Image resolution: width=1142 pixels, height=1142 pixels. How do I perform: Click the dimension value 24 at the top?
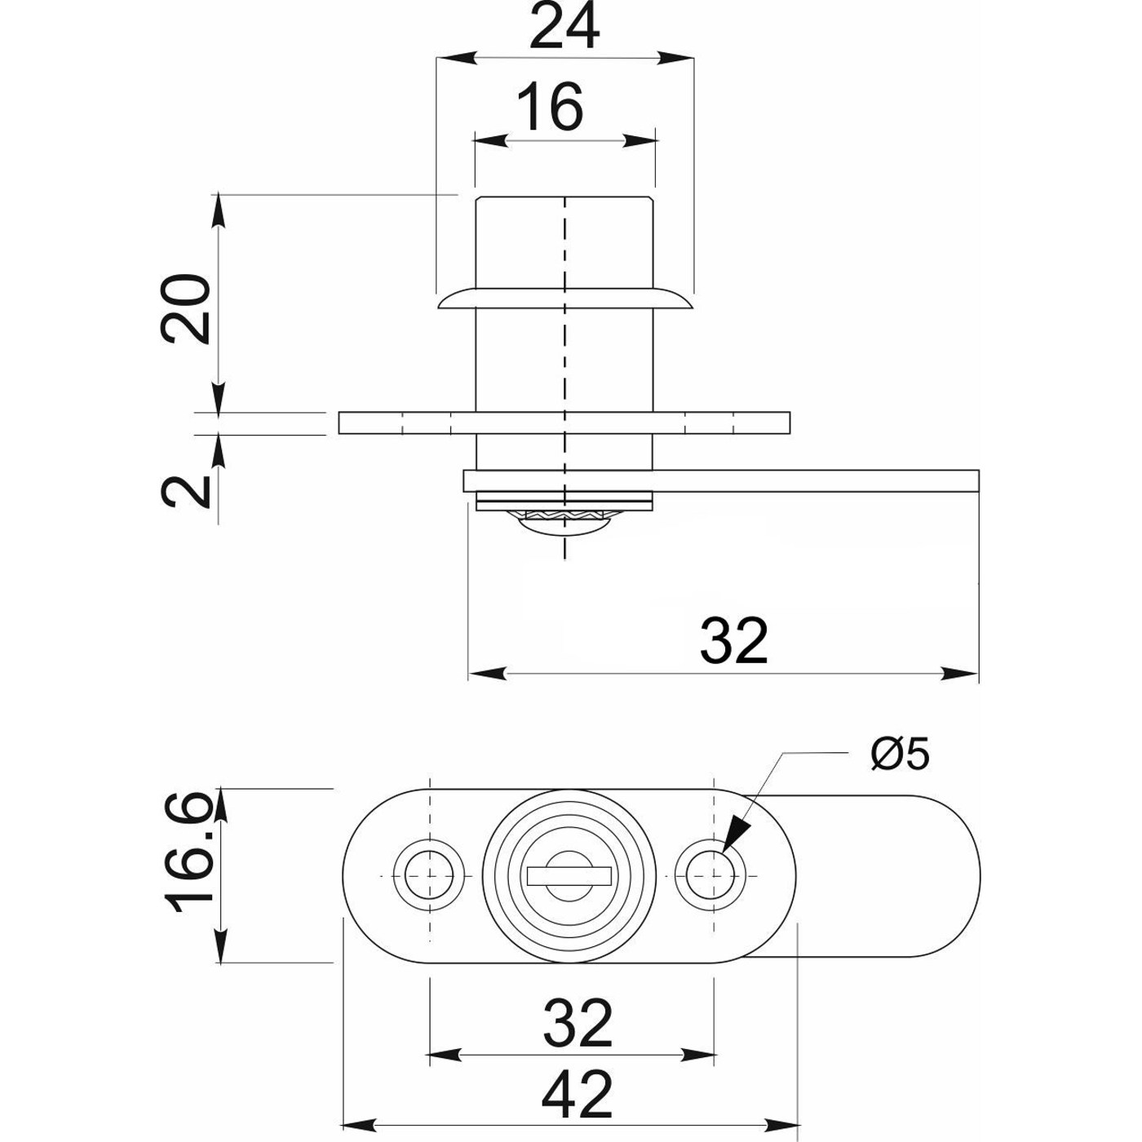(x=564, y=29)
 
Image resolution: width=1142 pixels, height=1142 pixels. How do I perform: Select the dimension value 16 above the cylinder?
(x=552, y=107)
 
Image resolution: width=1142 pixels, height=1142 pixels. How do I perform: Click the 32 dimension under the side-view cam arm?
(x=734, y=641)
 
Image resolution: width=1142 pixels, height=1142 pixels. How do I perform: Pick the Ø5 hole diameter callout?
(x=900, y=754)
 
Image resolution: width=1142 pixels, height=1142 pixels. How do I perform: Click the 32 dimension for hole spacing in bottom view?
(x=578, y=1023)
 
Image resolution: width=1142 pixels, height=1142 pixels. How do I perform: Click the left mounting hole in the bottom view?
(x=429, y=875)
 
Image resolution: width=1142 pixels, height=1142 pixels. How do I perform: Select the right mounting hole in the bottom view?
(x=715, y=875)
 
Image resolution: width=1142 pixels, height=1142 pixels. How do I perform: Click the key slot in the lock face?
(x=571, y=875)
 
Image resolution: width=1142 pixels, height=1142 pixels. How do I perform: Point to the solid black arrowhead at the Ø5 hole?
(x=736, y=834)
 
